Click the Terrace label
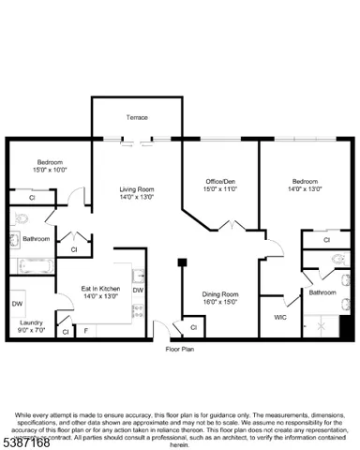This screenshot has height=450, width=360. point(137,117)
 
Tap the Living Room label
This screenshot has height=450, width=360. point(137,189)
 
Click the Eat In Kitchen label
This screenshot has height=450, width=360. point(101,289)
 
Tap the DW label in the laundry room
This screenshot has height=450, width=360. point(18,304)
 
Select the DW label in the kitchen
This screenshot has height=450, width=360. point(138,291)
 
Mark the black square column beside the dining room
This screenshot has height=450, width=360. point(184,262)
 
